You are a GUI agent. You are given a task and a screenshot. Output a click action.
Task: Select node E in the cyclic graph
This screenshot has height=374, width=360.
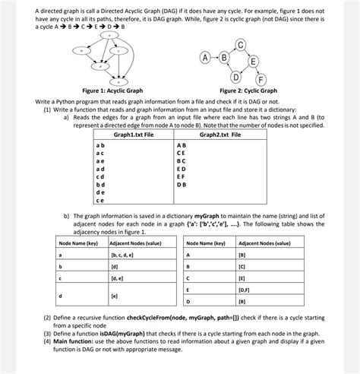[252, 62]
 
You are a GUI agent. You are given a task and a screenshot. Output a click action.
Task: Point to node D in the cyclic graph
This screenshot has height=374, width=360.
[237, 75]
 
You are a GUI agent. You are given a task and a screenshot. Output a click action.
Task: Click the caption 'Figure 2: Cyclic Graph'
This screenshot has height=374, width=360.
[248, 90]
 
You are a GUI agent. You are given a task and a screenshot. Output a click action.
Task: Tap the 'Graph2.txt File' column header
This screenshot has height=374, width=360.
[220, 134]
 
